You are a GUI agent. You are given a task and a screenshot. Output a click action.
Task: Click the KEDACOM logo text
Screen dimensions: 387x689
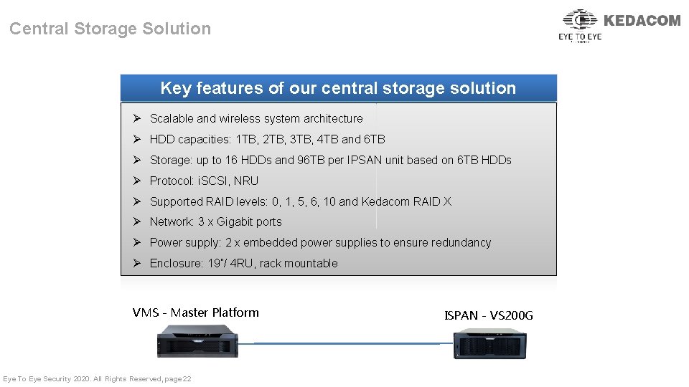click(x=642, y=21)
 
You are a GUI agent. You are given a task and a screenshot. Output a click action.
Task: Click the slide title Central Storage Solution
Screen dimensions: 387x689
click(x=110, y=29)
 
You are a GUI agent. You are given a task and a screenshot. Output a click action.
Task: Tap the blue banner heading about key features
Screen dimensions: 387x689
click(x=338, y=88)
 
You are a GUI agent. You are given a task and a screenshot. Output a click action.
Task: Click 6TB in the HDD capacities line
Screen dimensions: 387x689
click(x=375, y=140)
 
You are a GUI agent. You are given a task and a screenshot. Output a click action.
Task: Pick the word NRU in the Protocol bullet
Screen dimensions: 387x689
click(x=246, y=181)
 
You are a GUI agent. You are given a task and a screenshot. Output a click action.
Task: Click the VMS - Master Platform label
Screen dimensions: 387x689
click(x=195, y=312)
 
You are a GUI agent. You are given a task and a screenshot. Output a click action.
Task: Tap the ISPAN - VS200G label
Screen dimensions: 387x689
click(x=489, y=315)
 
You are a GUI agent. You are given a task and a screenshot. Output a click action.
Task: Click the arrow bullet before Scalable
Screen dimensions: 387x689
click(x=136, y=119)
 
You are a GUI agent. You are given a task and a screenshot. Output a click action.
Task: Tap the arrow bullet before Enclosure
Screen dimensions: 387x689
click(x=136, y=264)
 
